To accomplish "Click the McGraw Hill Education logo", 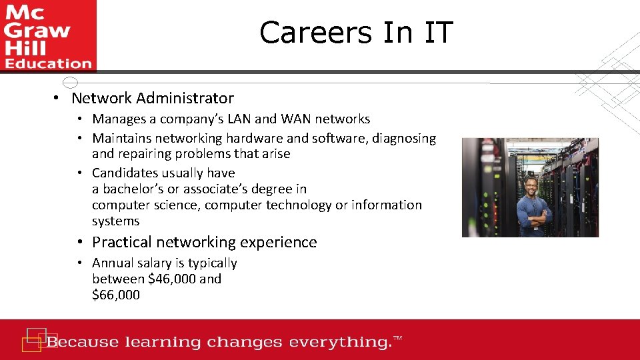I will coord(47,35).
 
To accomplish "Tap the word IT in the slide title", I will coord(436,33).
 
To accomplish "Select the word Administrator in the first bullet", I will coord(185,98).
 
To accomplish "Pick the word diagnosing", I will coord(405,139).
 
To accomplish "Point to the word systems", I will coord(115,221).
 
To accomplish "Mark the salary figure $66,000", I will coord(116,295).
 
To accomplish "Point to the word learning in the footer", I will coord(163,343).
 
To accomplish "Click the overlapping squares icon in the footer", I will coord(34,339).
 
